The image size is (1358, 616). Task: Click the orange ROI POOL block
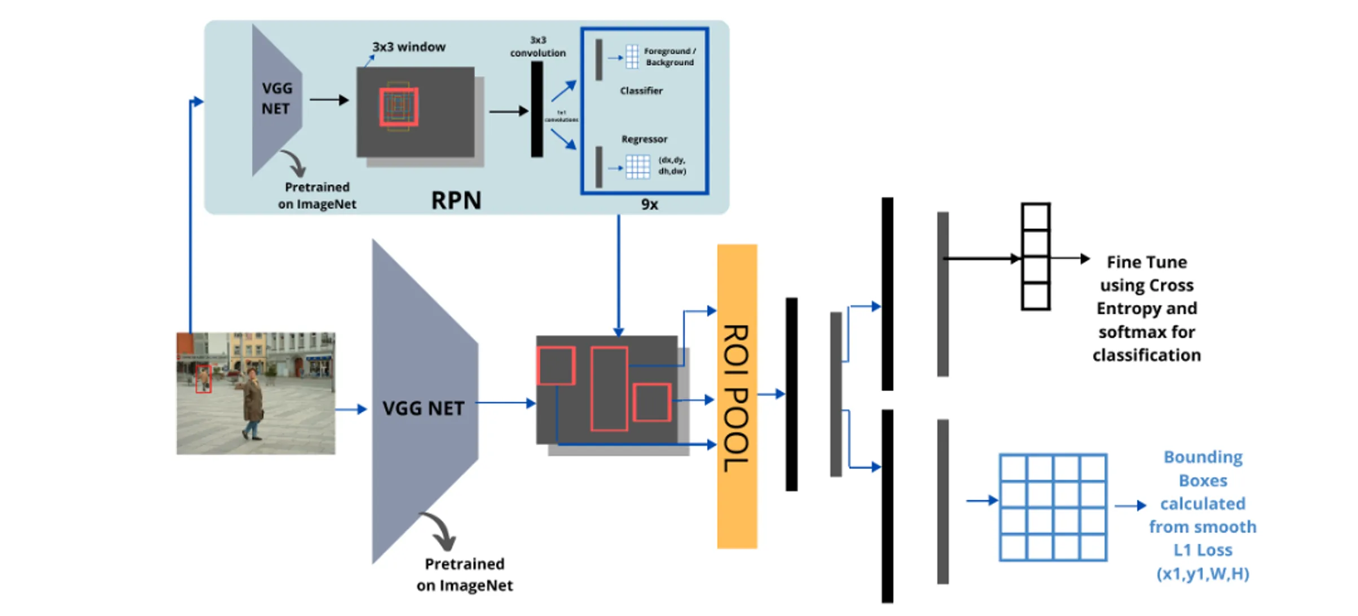point(737,396)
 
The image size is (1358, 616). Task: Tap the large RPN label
point(456,200)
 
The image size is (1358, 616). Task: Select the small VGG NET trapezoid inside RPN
point(276,99)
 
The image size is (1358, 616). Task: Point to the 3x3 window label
point(408,47)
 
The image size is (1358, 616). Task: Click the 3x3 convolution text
point(538,47)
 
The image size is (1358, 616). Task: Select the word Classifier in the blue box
point(641,91)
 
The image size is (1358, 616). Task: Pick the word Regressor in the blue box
point(644,139)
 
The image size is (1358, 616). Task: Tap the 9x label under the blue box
point(649,204)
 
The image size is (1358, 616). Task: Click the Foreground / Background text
point(669,57)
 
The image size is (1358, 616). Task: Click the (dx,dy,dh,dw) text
point(672,166)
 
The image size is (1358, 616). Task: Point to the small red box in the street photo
point(203,379)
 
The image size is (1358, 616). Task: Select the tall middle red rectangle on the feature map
point(609,389)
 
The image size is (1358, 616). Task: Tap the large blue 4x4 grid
point(1052,507)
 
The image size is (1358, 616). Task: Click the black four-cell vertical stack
point(1035,257)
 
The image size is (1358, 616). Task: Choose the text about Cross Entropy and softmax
point(1147,309)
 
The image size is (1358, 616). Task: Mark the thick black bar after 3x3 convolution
point(537,109)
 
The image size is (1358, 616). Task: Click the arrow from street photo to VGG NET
point(351,409)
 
